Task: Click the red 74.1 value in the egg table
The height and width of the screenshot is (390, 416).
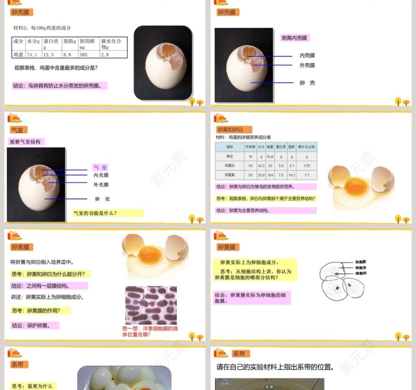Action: click(x=32, y=54)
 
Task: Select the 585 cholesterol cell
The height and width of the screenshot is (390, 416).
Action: click(x=84, y=54)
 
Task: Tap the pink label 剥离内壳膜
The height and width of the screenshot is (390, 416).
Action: click(x=295, y=38)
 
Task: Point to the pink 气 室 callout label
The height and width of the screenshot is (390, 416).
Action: click(x=100, y=168)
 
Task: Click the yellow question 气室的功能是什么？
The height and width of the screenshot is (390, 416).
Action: click(x=95, y=213)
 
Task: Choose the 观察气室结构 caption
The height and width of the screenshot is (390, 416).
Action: click(x=25, y=142)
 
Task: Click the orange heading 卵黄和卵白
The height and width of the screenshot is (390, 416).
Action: click(x=234, y=130)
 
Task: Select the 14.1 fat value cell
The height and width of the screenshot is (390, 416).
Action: click(x=292, y=175)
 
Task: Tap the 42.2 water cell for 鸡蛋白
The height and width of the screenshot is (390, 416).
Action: click(x=261, y=165)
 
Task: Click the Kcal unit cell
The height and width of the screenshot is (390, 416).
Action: click(x=270, y=156)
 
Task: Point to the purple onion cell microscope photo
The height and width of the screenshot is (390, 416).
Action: click(x=151, y=305)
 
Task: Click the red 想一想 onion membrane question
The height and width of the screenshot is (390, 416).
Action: click(x=150, y=332)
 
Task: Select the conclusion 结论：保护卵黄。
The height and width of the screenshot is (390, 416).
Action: click(x=35, y=326)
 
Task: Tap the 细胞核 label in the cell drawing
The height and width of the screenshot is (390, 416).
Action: click(x=361, y=273)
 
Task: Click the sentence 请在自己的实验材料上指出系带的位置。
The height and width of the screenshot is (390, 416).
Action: click(x=274, y=367)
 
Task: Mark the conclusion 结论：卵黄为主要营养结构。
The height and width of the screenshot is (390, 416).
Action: click(x=243, y=210)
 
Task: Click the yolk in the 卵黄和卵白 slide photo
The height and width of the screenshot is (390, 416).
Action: click(x=352, y=186)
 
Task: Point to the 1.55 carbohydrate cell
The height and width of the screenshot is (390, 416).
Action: click(x=307, y=165)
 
